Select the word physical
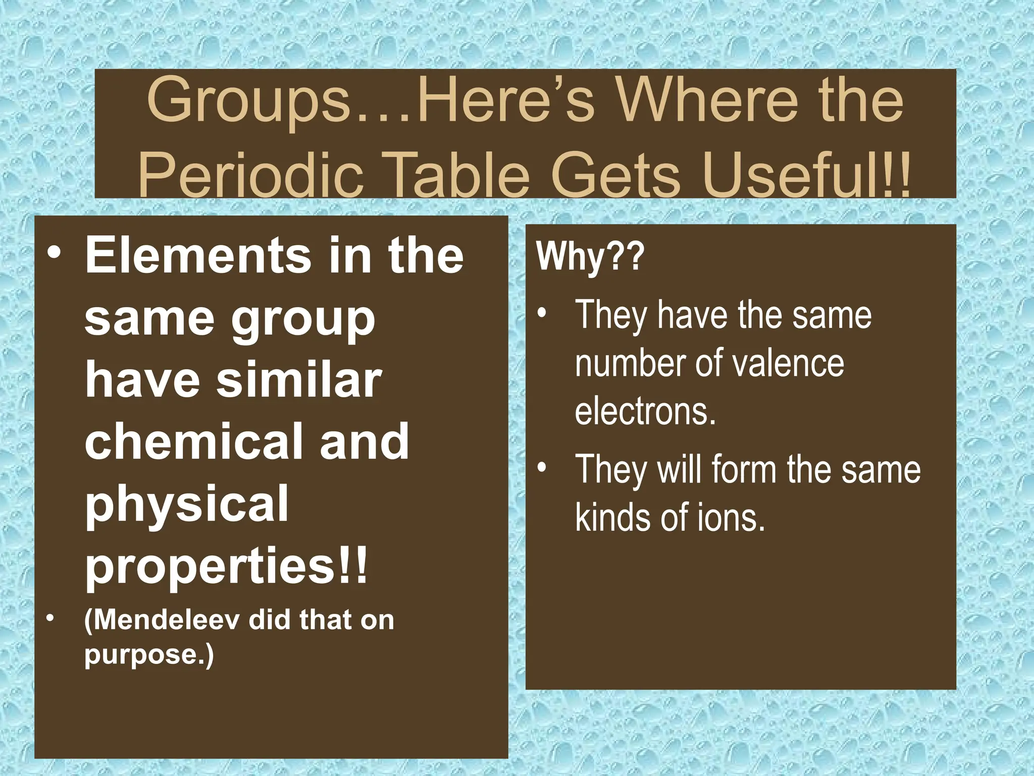click(x=186, y=504)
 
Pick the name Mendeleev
click(x=165, y=620)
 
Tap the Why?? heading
click(x=590, y=257)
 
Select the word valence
click(x=787, y=363)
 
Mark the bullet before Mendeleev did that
click(x=49, y=618)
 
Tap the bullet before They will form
click(x=542, y=468)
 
